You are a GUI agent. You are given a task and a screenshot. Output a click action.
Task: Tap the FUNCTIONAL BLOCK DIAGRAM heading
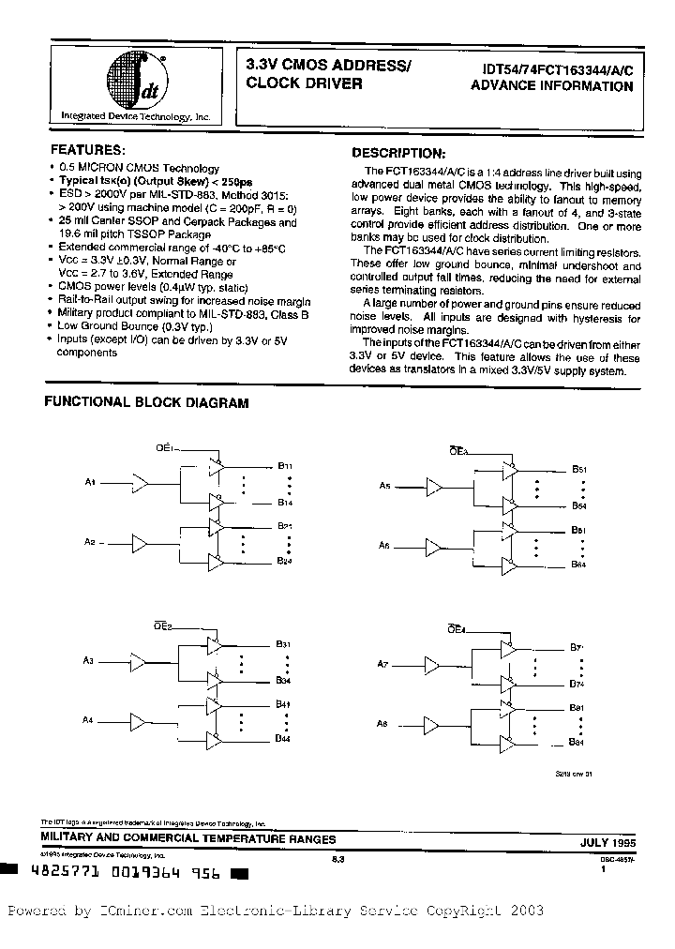[x=147, y=403]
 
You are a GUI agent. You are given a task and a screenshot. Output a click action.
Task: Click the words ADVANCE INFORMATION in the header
[x=551, y=86]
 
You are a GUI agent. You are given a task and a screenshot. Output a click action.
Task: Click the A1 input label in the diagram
[x=91, y=482]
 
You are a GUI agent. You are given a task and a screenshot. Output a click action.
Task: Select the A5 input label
[x=385, y=486]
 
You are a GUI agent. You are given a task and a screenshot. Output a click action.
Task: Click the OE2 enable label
[x=162, y=625]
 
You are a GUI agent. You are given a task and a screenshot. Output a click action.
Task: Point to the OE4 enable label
[x=457, y=629]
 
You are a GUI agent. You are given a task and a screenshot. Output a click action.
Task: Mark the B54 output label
[x=578, y=506]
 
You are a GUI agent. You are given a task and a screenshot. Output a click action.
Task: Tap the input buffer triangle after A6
[x=434, y=545]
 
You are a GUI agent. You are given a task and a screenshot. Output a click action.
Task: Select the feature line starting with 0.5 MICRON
[x=139, y=168]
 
